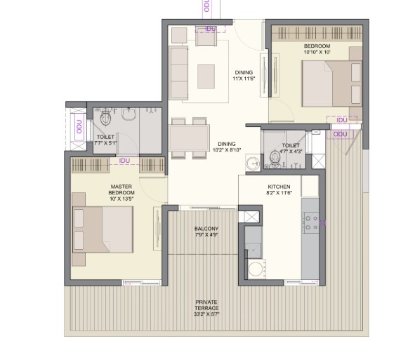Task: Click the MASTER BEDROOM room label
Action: coord(121,189)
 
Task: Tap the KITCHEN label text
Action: coord(279,187)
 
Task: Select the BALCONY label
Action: coord(206,229)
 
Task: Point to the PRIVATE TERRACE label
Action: coord(206,305)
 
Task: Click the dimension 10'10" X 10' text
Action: coord(317,52)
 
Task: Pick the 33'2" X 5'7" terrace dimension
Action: coord(206,314)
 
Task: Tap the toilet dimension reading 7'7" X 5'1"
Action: coord(105,142)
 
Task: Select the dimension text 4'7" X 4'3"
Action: coord(291,152)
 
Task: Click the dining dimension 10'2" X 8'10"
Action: coord(227,150)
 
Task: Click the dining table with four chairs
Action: coord(189,138)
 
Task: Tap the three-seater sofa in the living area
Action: coord(178,73)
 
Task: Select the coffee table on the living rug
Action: coord(206,76)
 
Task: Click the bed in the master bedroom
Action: coord(103,229)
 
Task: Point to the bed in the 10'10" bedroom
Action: coord(332,84)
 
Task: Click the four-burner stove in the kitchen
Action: coord(310,222)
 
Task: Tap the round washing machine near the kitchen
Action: coord(256,269)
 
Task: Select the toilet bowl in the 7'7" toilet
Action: coord(105,118)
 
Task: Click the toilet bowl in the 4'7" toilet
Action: coord(275,158)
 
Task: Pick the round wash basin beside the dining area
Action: coord(253,163)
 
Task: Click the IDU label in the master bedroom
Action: coord(124,161)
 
